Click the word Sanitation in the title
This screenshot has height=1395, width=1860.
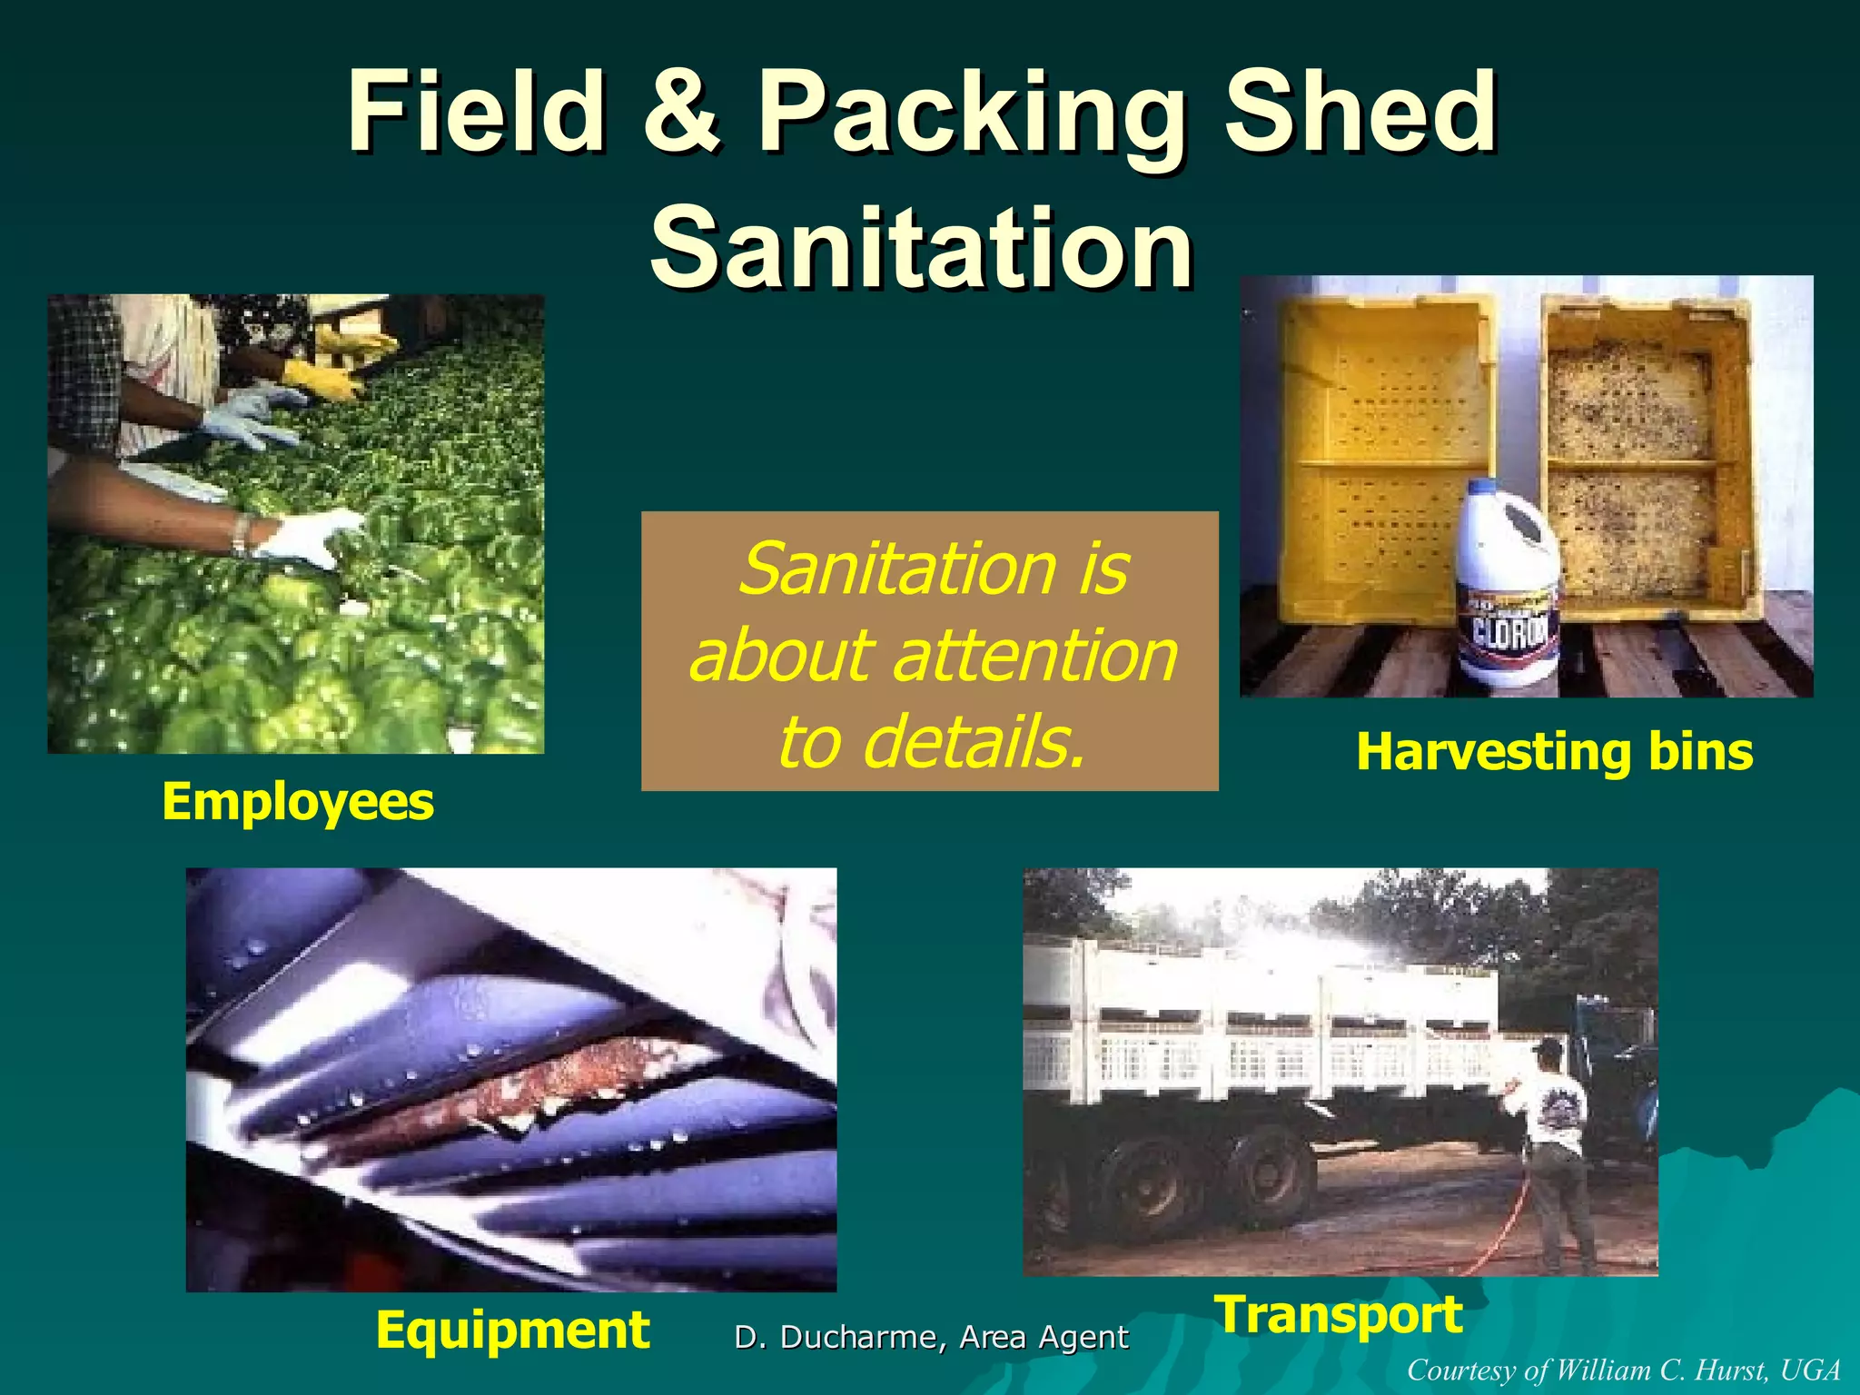(x=921, y=247)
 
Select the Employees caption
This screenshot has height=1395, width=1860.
(x=297, y=802)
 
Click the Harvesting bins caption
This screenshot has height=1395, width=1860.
(x=1553, y=752)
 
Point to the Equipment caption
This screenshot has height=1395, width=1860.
(x=512, y=1331)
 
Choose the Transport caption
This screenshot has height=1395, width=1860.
(x=1339, y=1314)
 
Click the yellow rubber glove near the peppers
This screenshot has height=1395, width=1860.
(x=322, y=379)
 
